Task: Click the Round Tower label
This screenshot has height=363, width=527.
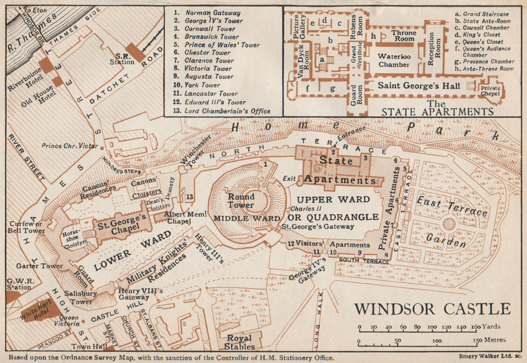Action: point(241,201)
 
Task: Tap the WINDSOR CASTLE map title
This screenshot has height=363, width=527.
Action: point(432,309)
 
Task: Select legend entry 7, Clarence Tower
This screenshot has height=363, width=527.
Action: point(208,60)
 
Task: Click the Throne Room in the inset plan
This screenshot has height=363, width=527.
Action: point(404,36)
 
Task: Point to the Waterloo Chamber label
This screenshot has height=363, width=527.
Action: point(394,60)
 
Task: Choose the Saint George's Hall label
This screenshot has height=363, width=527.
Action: point(418,86)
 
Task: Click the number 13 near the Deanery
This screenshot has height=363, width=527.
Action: point(189,197)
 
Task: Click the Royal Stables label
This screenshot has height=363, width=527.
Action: point(239,342)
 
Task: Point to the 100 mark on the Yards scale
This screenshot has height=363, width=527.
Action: point(432,327)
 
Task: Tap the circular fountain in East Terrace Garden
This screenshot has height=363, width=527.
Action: point(449,224)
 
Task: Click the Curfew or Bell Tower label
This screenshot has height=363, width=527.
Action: point(26,227)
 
